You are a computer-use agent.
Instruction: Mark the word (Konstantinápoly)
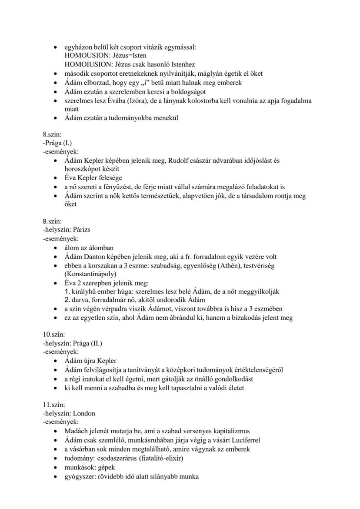(90, 274)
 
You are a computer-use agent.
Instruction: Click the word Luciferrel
(245, 440)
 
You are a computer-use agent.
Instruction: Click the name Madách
(77, 431)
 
